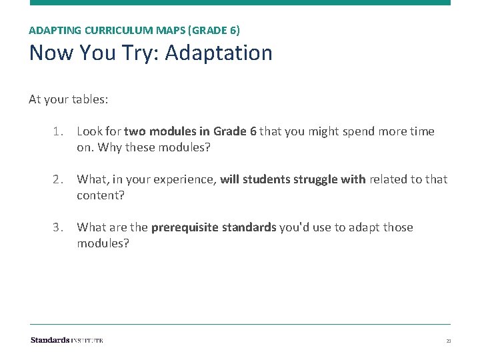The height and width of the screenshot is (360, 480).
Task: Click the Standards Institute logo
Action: (67, 340)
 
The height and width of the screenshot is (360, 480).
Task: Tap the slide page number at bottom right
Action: (449, 341)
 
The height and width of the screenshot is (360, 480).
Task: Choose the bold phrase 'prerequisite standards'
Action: (213, 227)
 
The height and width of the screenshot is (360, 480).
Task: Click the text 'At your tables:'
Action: (69, 99)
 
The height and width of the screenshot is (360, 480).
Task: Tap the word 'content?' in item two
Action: (100, 195)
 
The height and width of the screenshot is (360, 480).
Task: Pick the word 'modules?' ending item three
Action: (103, 243)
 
